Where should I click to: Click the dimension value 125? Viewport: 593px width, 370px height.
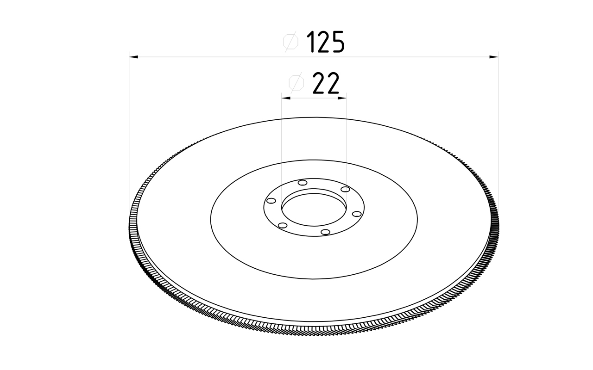click(x=325, y=42)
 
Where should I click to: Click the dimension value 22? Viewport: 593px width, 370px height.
click(x=326, y=83)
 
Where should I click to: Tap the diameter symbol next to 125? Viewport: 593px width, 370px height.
click(x=290, y=42)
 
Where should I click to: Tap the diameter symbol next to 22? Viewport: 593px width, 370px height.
click(x=296, y=83)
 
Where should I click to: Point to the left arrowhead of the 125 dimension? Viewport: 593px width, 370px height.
click(x=133, y=57)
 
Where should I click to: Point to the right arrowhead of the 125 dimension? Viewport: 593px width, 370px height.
click(x=494, y=57)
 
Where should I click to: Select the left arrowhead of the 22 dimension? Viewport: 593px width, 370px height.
click(x=286, y=98)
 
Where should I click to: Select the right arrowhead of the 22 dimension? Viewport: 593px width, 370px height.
click(x=342, y=98)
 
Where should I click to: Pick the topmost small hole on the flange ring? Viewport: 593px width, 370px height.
click(x=303, y=183)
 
